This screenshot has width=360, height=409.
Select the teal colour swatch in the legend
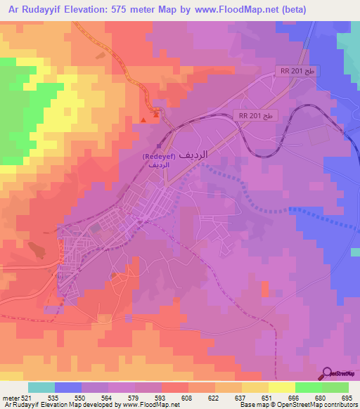[41, 387]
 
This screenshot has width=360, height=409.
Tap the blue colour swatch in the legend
[67, 387]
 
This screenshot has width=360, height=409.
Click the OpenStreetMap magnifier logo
[328, 372]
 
